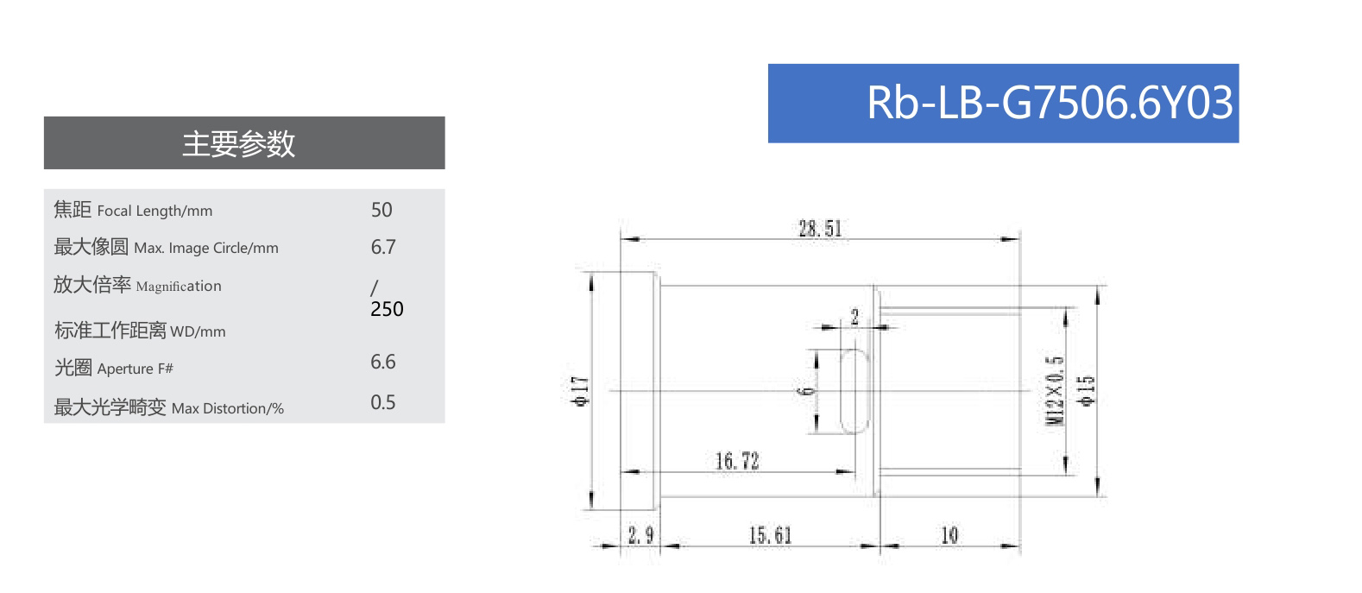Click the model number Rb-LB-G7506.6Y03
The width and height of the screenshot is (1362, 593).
click(1050, 103)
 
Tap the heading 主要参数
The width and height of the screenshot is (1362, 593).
click(239, 143)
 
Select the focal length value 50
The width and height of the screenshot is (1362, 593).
click(381, 210)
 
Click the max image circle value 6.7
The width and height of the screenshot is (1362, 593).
click(383, 247)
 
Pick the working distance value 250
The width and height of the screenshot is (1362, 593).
click(387, 309)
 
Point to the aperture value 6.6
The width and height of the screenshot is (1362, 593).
click(383, 362)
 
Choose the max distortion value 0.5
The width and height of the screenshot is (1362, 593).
click(383, 402)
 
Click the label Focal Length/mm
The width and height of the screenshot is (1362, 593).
click(154, 211)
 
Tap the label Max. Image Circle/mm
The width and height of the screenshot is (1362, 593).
click(206, 248)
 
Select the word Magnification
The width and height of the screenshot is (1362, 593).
click(179, 286)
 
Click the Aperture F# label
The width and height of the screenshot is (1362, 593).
click(136, 369)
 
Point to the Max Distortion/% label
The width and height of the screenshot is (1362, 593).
click(228, 408)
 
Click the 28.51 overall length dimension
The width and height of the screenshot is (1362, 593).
click(819, 229)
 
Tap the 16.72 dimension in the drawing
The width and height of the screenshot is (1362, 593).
click(737, 461)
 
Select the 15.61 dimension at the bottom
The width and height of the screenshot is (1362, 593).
click(770, 535)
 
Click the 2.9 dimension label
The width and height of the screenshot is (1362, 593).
click(640, 535)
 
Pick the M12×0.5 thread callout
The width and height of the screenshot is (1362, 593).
click(1055, 390)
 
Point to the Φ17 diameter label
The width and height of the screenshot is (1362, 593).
click(581, 391)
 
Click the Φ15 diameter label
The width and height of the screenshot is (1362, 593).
click(1086, 390)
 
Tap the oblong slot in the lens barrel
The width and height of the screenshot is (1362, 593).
click(854, 391)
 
